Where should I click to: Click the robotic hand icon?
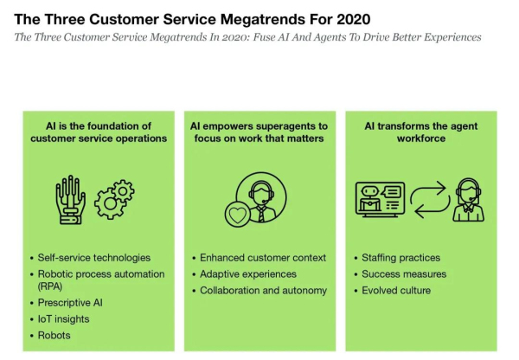pos(70,200)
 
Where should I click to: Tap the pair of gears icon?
pos(114,199)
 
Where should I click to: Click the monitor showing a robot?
pos(381,199)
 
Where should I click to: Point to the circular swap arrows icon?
pos(430,199)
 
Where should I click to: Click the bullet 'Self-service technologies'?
pos(94,258)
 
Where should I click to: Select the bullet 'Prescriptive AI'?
pos(70,303)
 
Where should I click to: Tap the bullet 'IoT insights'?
pos(63,319)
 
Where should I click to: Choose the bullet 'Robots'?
pos(54,335)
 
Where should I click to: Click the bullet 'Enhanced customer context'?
pos(263,258)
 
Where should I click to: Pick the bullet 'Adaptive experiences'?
pos(248,274)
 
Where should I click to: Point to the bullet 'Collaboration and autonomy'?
pos(263,291)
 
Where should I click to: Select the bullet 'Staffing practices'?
pos(400,258)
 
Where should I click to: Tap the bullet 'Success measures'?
pos(404,273)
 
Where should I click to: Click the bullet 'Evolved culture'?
pos(396,291)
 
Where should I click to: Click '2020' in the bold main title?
pos(354,19)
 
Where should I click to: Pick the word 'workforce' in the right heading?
pos(421,138)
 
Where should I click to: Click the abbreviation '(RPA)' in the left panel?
pos(50,286)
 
